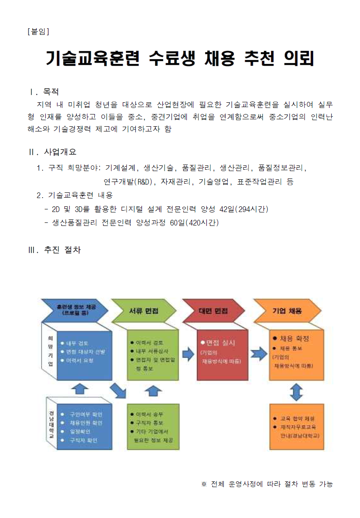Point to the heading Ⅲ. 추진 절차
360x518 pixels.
pyautogui.click(x=54, y=250)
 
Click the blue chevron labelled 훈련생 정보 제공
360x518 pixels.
pyautogui.click(x=74, y=309)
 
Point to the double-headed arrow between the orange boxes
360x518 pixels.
pyautogui.click(x=296, y=392)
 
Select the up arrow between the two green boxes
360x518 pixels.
pyautogui.click(x=153, y=390)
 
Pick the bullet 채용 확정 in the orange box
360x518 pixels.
pyautogui.click(x=294, y=338)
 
